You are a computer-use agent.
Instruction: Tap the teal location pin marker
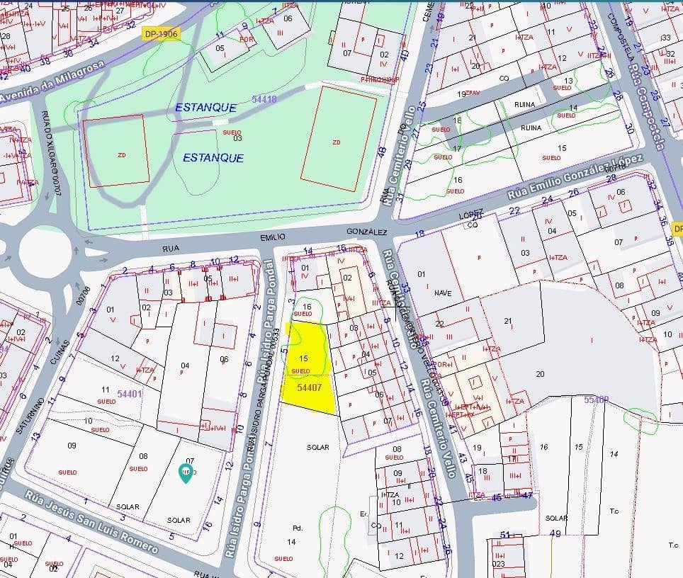[x=186, y=473]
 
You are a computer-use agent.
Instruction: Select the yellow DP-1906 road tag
[x=162, y=33]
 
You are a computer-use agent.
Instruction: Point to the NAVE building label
[x=443, y=293]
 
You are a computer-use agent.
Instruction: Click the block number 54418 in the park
[x=264, y=100]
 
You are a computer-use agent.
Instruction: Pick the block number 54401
[x=130, y=393]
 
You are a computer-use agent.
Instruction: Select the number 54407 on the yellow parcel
[x=310, y=387]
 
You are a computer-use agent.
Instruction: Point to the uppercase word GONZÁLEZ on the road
[x=367, y=232]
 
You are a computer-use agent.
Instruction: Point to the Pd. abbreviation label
[x=297, y=528]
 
